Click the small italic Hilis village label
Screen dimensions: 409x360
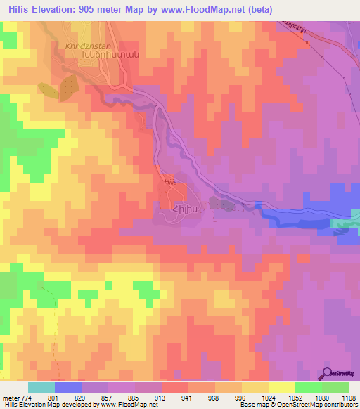pos(169,181)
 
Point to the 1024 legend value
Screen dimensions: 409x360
pos(267,397)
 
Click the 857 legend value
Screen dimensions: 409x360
pos(108,397)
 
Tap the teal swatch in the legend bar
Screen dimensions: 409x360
pos(41,387)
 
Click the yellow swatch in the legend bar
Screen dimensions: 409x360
pos(281,387)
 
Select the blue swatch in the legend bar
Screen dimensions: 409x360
pos(67,387)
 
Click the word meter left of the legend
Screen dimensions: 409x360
pos(10,397)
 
